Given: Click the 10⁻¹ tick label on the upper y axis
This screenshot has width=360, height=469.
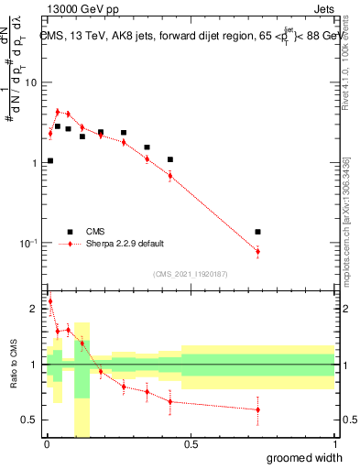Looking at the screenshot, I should (x=28, y=244).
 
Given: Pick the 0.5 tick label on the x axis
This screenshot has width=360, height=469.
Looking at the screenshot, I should (x=191, y=444).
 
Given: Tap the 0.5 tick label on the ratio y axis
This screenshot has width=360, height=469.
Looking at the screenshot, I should (x=30, y=420).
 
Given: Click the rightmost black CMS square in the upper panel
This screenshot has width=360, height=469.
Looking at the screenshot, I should (x=257, y=232).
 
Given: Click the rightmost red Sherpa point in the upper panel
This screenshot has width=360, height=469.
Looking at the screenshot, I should (x=257, y=251).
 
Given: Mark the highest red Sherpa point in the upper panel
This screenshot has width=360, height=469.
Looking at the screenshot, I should (x=58, y=112).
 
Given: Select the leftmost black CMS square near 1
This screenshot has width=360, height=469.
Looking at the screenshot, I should (x=49, y=160).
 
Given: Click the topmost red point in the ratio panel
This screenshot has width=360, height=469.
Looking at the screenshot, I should (x=49, y=300).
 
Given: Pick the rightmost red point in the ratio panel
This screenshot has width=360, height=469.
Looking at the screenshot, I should (x=257, y=409).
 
